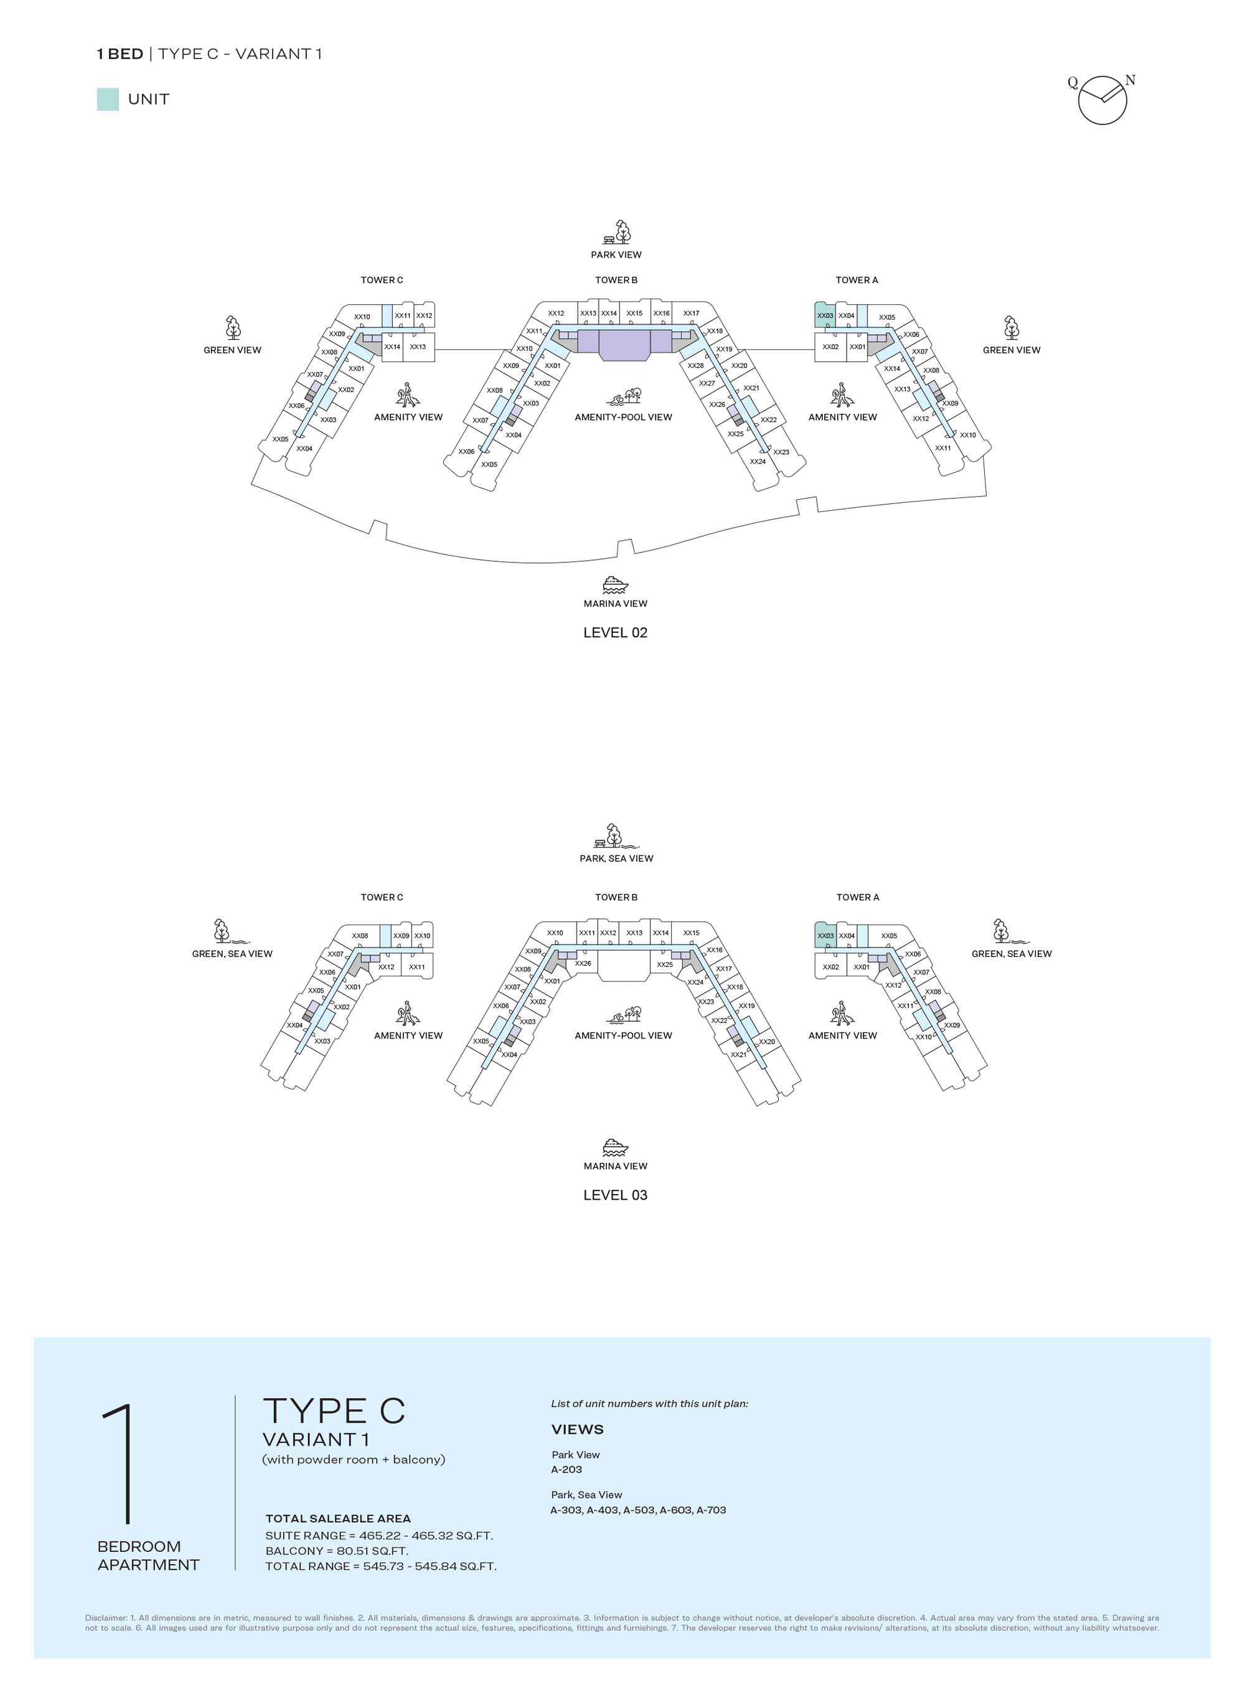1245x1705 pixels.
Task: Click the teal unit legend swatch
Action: (108, 100)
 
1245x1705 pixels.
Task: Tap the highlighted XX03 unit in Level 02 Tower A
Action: (825, 315)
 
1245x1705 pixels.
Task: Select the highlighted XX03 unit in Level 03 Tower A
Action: (825, 935)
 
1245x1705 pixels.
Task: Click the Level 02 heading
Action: (615, 633)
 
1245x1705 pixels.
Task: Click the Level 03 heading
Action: (615, 1195)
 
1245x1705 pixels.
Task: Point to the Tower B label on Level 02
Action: (616, 280)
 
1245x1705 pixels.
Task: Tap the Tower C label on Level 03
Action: (382, 897)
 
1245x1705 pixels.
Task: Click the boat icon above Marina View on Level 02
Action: (615, 586)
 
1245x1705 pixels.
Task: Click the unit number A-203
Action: (566, 1469)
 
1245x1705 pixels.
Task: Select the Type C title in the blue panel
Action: (334, 1411)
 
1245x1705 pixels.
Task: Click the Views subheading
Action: (577, 1430)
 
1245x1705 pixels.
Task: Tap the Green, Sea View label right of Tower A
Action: (1012, 954)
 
